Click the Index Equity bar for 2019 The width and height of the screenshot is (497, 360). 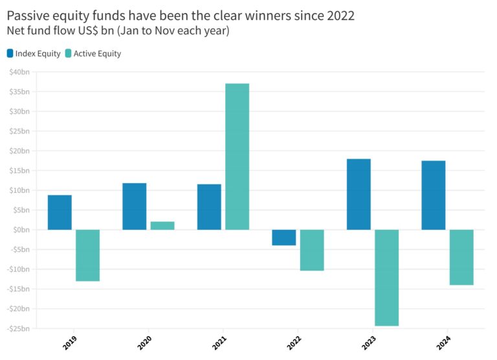[x=60, y=212]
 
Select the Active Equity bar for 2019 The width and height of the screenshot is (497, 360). [x=87, y=255]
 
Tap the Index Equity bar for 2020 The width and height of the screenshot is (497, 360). [x=134, y=207]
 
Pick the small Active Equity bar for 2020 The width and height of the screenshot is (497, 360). [x=162, y=225]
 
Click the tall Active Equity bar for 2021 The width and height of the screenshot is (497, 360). [x=237, y=157]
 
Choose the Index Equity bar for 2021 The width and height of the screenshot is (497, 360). [x=209, y=207]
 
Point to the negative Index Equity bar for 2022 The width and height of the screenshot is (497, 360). [x=283, y=238]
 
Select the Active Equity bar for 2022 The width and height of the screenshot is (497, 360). [x=312, y=250]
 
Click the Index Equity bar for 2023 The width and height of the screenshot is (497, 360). [x=359, y=194]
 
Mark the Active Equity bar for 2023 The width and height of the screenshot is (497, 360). [x=386, y=278]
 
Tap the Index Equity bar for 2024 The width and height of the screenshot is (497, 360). [x=433, y=195]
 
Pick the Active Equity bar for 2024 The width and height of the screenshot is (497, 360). [x=461, y=257]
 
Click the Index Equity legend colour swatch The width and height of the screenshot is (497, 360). [x=10, y=54]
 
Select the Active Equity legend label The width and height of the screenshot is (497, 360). [x=97, y=54]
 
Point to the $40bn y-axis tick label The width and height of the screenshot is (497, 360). [x=20, y=72]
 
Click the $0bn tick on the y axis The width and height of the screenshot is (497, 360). [x=21, y=230]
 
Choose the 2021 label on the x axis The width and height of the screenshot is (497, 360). [x=220, y=341]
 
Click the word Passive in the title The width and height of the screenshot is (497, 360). [x=28, y=16]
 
